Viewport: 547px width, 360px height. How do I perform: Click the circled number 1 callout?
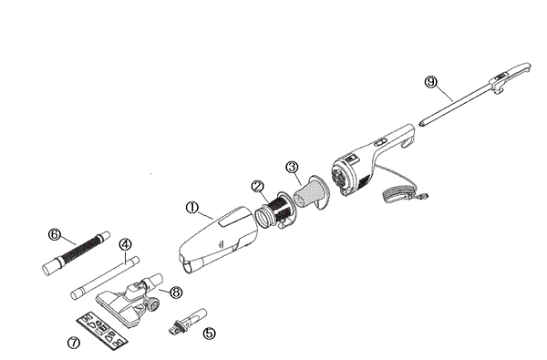(192, 208)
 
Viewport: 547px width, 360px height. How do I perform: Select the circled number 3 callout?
(292, 167)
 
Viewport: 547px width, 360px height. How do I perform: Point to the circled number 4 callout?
(126, 243)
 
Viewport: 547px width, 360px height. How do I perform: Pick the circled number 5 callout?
(210, 333)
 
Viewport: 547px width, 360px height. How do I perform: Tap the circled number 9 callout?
(431, 81)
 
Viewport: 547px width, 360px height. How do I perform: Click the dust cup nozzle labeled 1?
(217, 239)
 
